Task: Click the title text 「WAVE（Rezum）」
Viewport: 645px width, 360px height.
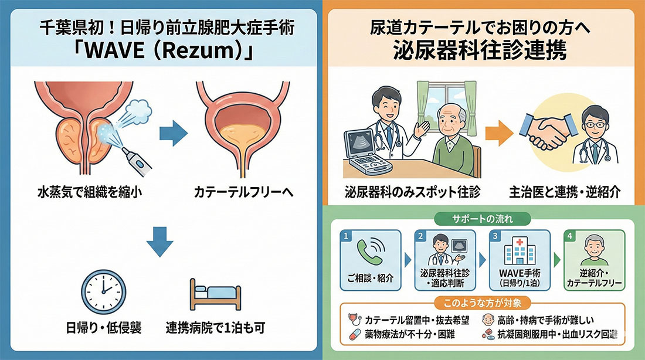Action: coord(161,52)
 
